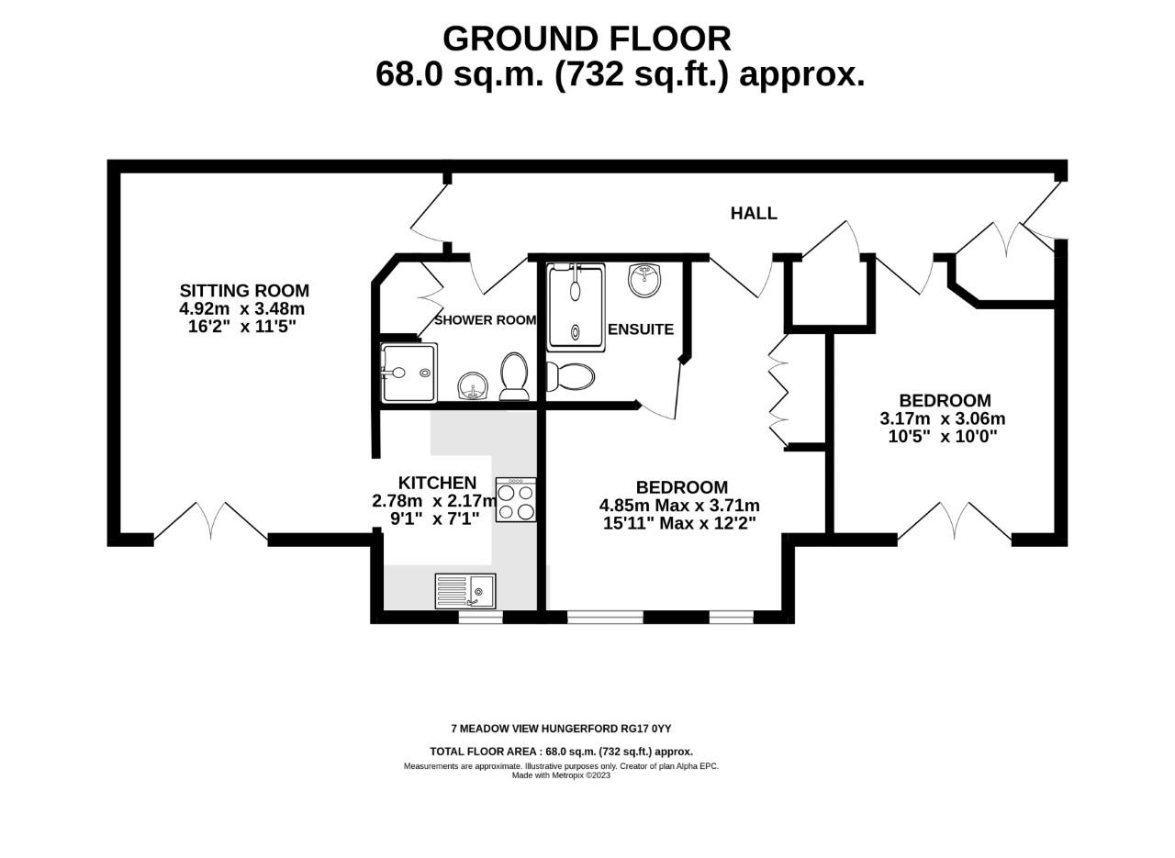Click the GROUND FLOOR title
click(587, 39)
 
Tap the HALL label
click(754, 213)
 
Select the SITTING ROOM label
click(244, 291)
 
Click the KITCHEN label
click(437, 483)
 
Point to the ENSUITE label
click(641, 329)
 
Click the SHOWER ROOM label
click(485, 320)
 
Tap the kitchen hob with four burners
click(516, 500)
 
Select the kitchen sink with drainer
click(465, 592)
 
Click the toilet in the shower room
click(514, 376)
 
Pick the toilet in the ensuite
click(571, 376)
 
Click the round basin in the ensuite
click(644, 280)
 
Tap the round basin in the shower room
click(473, 385)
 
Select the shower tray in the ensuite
click(576, 307)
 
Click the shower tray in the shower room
click(408, 373)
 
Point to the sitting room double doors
click(211, 521)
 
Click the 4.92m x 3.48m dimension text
click(242, 309)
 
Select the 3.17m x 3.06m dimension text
click(943, 418)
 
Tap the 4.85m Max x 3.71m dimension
click(679, 506)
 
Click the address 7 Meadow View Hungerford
click(561, 729)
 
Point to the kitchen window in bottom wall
click(480, 618)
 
